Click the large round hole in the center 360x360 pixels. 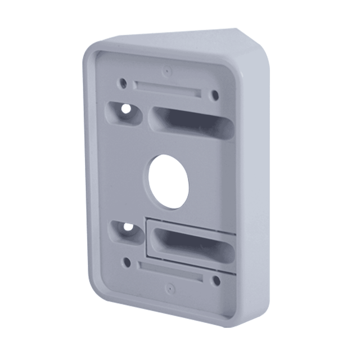click(x=168, y=182)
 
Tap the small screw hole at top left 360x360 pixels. click(x=122, y=83)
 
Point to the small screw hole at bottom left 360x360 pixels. click(x=127, y=262)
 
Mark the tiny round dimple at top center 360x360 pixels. click(x=167, y=71)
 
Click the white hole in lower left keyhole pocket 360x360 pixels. click(x=128, y=227)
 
